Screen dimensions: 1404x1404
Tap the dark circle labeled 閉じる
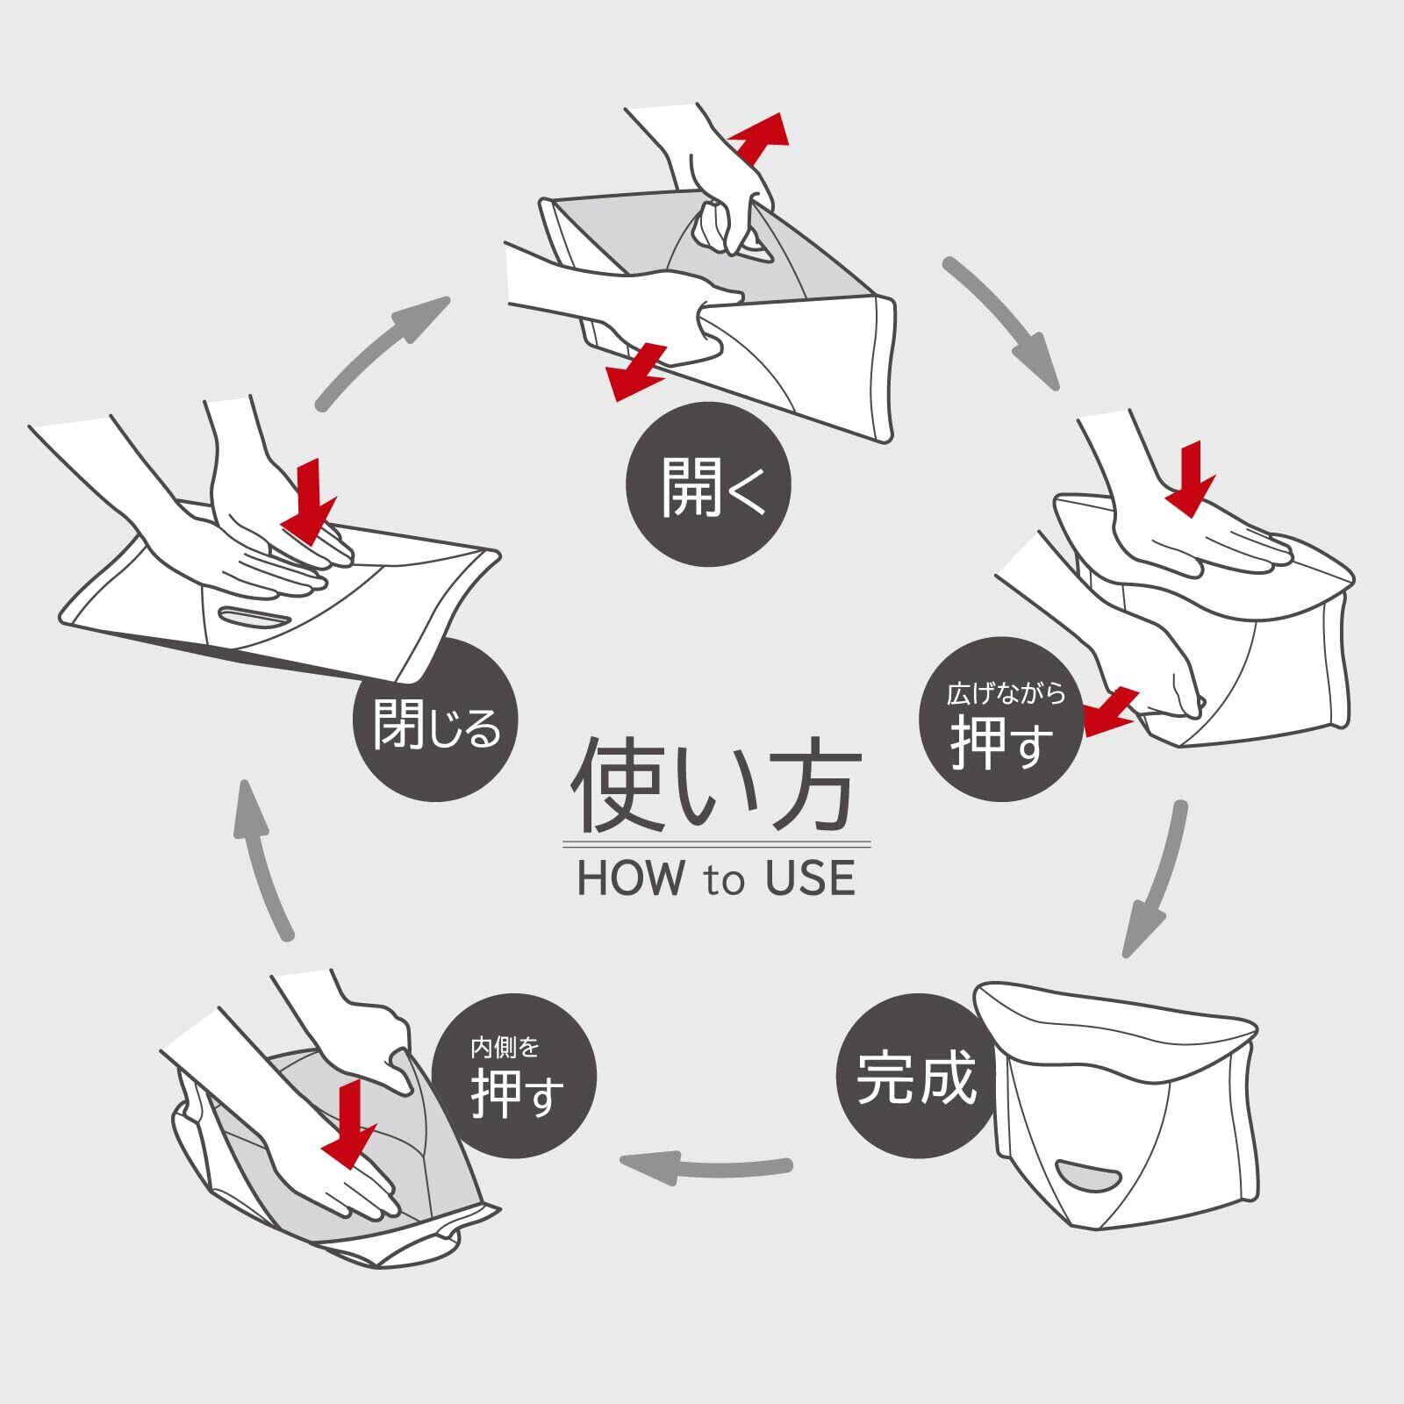435,720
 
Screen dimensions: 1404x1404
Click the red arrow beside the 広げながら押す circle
1110,712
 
